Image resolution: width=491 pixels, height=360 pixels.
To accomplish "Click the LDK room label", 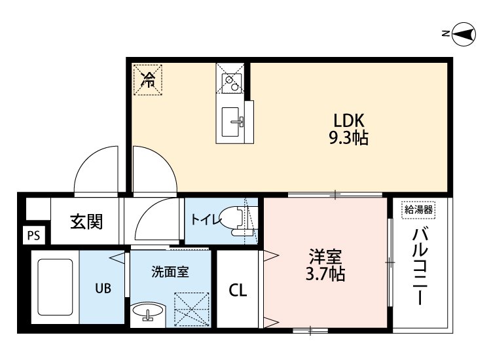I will pos(348,120).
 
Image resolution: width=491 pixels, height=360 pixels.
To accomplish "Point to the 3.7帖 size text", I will pos(325,274).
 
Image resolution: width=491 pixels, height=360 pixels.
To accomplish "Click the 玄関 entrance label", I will pos(86,222).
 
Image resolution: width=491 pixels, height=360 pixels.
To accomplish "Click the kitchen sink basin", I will pos(230,122).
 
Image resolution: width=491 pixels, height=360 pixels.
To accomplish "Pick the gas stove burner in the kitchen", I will pos(230,81).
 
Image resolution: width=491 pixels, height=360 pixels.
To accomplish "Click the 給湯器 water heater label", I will pos(418,209).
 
